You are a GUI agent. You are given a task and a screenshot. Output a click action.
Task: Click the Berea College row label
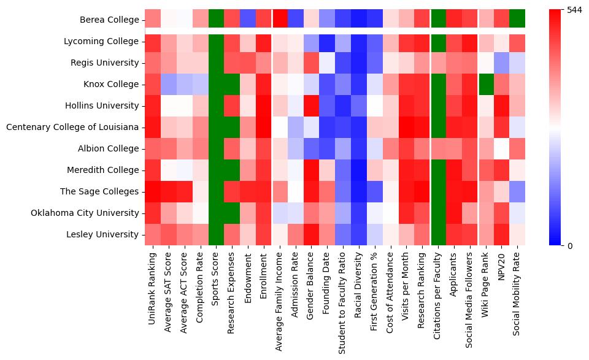(109, 20)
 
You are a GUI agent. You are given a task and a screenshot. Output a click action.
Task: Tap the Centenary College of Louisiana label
(72, 128)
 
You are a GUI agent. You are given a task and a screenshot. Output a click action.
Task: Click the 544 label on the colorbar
(574, 10)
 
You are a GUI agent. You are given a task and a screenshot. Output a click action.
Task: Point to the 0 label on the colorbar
(569, 246)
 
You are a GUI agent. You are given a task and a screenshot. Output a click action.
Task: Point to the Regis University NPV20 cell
(502, 63)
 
